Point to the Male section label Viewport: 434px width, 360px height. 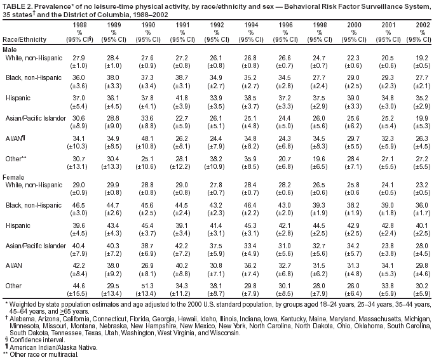[11, 48]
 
